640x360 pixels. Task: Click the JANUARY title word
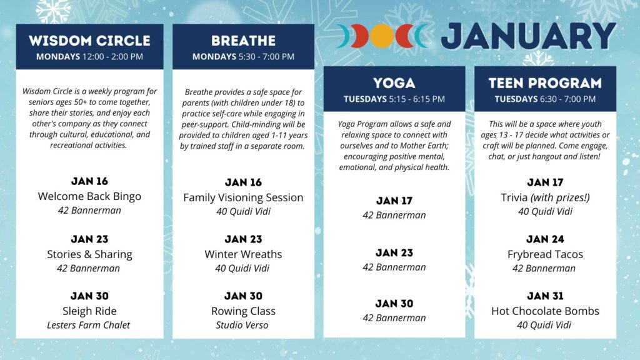[529, 36]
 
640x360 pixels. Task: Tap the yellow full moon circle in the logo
[382, 36]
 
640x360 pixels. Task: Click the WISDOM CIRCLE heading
[90, 41]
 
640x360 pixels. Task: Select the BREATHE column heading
[243, 41]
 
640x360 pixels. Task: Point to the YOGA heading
[394, 83]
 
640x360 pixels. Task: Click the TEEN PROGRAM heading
[545, 83]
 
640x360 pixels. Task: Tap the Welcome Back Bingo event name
[89, 196]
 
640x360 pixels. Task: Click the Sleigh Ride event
[89, 311]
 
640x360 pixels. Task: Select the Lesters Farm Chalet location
[89, 325]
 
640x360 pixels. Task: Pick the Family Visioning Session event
[243, 197]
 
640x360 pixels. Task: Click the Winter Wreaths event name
[243, 254]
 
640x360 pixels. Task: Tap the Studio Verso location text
[242, 325]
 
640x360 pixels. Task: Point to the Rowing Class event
[243, 311]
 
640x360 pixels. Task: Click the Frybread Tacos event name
[545, 254]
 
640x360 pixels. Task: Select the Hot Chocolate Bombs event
[545, 311]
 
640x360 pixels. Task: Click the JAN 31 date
[545, 296]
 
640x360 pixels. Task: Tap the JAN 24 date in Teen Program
[545, 239]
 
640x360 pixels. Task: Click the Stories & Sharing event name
[89, 254]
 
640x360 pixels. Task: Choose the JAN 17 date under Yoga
[394, 201]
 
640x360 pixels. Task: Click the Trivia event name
[514, 197]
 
